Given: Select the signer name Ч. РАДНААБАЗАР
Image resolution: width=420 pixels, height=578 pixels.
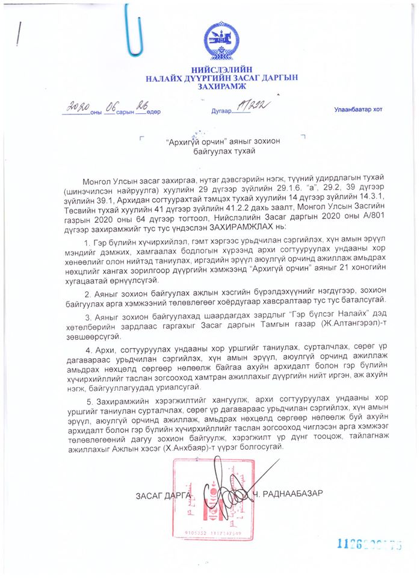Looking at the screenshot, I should click(288, 494).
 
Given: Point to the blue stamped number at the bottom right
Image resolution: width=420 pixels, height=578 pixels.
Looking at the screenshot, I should click(368, 544).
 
